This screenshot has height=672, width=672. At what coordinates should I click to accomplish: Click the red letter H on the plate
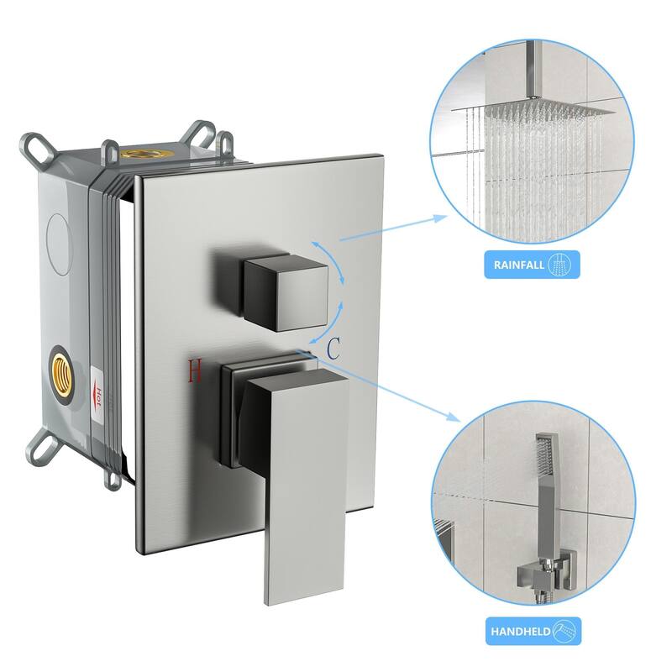(x=195, y=370)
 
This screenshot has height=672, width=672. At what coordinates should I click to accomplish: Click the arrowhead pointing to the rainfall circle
(x=441, y=217)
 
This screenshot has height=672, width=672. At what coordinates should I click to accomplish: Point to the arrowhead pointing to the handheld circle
(x=454, y=417)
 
